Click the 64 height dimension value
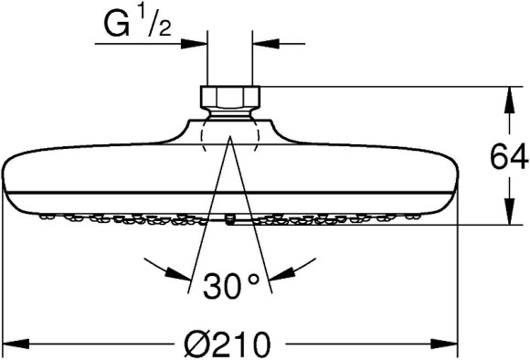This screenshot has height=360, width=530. tap(509, 157)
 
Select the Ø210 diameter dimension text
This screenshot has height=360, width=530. tap(228, 344)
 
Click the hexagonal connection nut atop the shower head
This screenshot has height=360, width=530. tap(230, 97)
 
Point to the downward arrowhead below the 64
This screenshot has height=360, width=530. tap(509, 212)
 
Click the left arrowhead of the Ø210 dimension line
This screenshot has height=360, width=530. tap(16, 344)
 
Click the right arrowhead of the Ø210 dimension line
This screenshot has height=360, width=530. tap(444, 344)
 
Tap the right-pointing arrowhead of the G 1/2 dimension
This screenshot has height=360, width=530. tap(194, 44)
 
